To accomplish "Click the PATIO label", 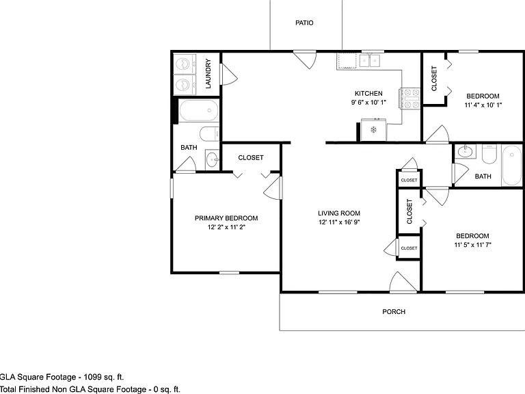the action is pos(304,23).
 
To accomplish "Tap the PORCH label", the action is pos(394,312).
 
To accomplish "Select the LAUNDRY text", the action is pos(208,74).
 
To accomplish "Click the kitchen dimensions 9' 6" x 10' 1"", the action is pos(368,102).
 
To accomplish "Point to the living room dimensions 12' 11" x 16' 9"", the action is pos(339,222).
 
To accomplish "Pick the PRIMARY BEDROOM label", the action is pos(226,218).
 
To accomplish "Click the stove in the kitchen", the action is pos(409,98).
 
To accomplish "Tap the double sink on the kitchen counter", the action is pos(370,61).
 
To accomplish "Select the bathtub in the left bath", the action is pos(199,110).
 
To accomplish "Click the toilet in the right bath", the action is pos(489,154).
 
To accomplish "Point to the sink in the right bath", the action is pos(466,151).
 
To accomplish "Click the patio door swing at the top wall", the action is pos(305,60).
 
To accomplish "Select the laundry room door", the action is pos(230,74).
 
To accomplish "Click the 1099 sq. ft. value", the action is pos(104,377).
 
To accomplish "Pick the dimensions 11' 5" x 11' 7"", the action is pos(472,245).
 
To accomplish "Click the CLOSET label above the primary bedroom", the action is pos(251,157).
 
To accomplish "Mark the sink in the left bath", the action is pos(213,160).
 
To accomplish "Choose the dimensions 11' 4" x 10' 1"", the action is pos(483,105).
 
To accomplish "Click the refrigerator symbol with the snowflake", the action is pos(373,129).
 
